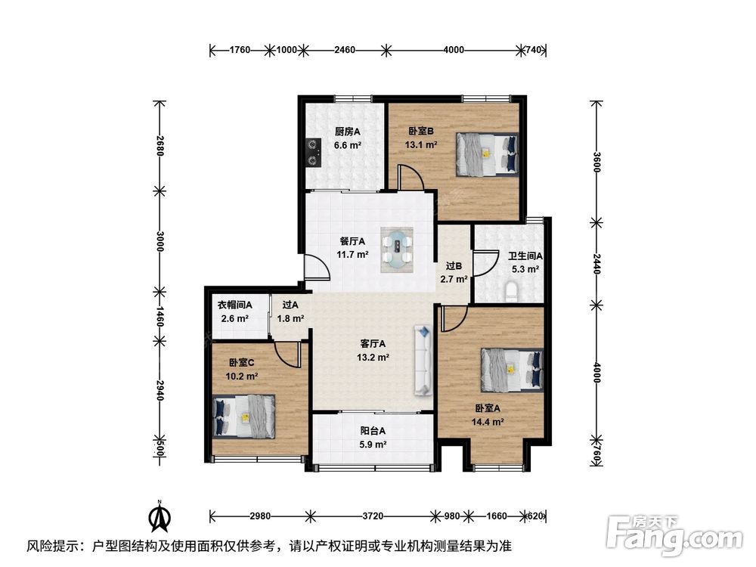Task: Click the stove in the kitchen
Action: (314, 153)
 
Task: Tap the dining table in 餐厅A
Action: (398, 249)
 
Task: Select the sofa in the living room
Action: (423, 360)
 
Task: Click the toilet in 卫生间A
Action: (512, 292)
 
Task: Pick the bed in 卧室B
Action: (488, 154)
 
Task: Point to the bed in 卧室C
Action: (244, 417)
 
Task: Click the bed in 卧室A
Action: (512, 370)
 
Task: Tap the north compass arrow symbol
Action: (160, 516)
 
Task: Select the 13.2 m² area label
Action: (373, 358)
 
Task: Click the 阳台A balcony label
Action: (373, 431)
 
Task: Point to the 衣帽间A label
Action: (235, 305)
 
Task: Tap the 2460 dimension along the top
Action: (345, 50)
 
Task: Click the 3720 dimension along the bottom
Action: (373, 516)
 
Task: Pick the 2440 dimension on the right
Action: (596, 264)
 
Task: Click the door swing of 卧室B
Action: (411, 176)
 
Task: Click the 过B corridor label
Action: (454, 265)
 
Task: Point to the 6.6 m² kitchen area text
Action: (348, 144)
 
